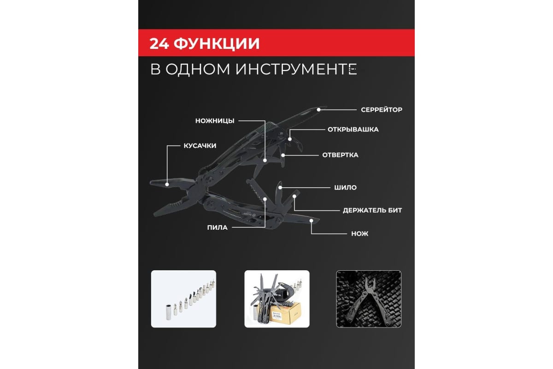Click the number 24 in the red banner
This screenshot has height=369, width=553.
pos(159,44)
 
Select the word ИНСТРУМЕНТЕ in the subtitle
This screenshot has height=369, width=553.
pos(296,69)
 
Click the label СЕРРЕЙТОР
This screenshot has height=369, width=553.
pos(382,110)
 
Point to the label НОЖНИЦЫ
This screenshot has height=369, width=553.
pos(215,121)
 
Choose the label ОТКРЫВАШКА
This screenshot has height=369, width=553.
pos(353,130)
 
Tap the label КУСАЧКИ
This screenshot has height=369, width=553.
pos(200,146)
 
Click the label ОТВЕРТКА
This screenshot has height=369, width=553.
pos(340,155)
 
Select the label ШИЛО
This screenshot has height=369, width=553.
pos(345,188)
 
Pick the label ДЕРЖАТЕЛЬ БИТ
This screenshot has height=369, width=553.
pos(372,210)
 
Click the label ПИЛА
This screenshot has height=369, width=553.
pos(217,228)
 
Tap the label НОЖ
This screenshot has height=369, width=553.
pos(360,234)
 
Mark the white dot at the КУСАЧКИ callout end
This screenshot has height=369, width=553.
pos(167,184)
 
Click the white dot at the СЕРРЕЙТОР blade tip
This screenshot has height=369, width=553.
pos(319,110)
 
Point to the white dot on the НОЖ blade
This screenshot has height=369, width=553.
pos(312,220)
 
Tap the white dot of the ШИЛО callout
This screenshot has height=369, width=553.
pos(280,188)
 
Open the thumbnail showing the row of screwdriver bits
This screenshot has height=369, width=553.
pos(183,299)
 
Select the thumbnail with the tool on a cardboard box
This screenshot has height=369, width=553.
pos(277,299)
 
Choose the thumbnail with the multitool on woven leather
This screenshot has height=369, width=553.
pos(369,299)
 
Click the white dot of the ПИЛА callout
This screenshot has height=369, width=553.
pos(265,199)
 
